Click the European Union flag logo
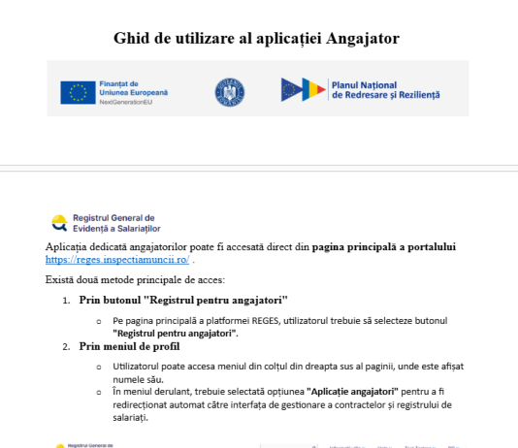click(x=77, y=92)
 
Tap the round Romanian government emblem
click(x=229, y=91)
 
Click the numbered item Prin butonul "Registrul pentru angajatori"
click(x=183, y=301)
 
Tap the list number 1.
click(x=66, y=301)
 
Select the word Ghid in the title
click(x=135, y=38)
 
